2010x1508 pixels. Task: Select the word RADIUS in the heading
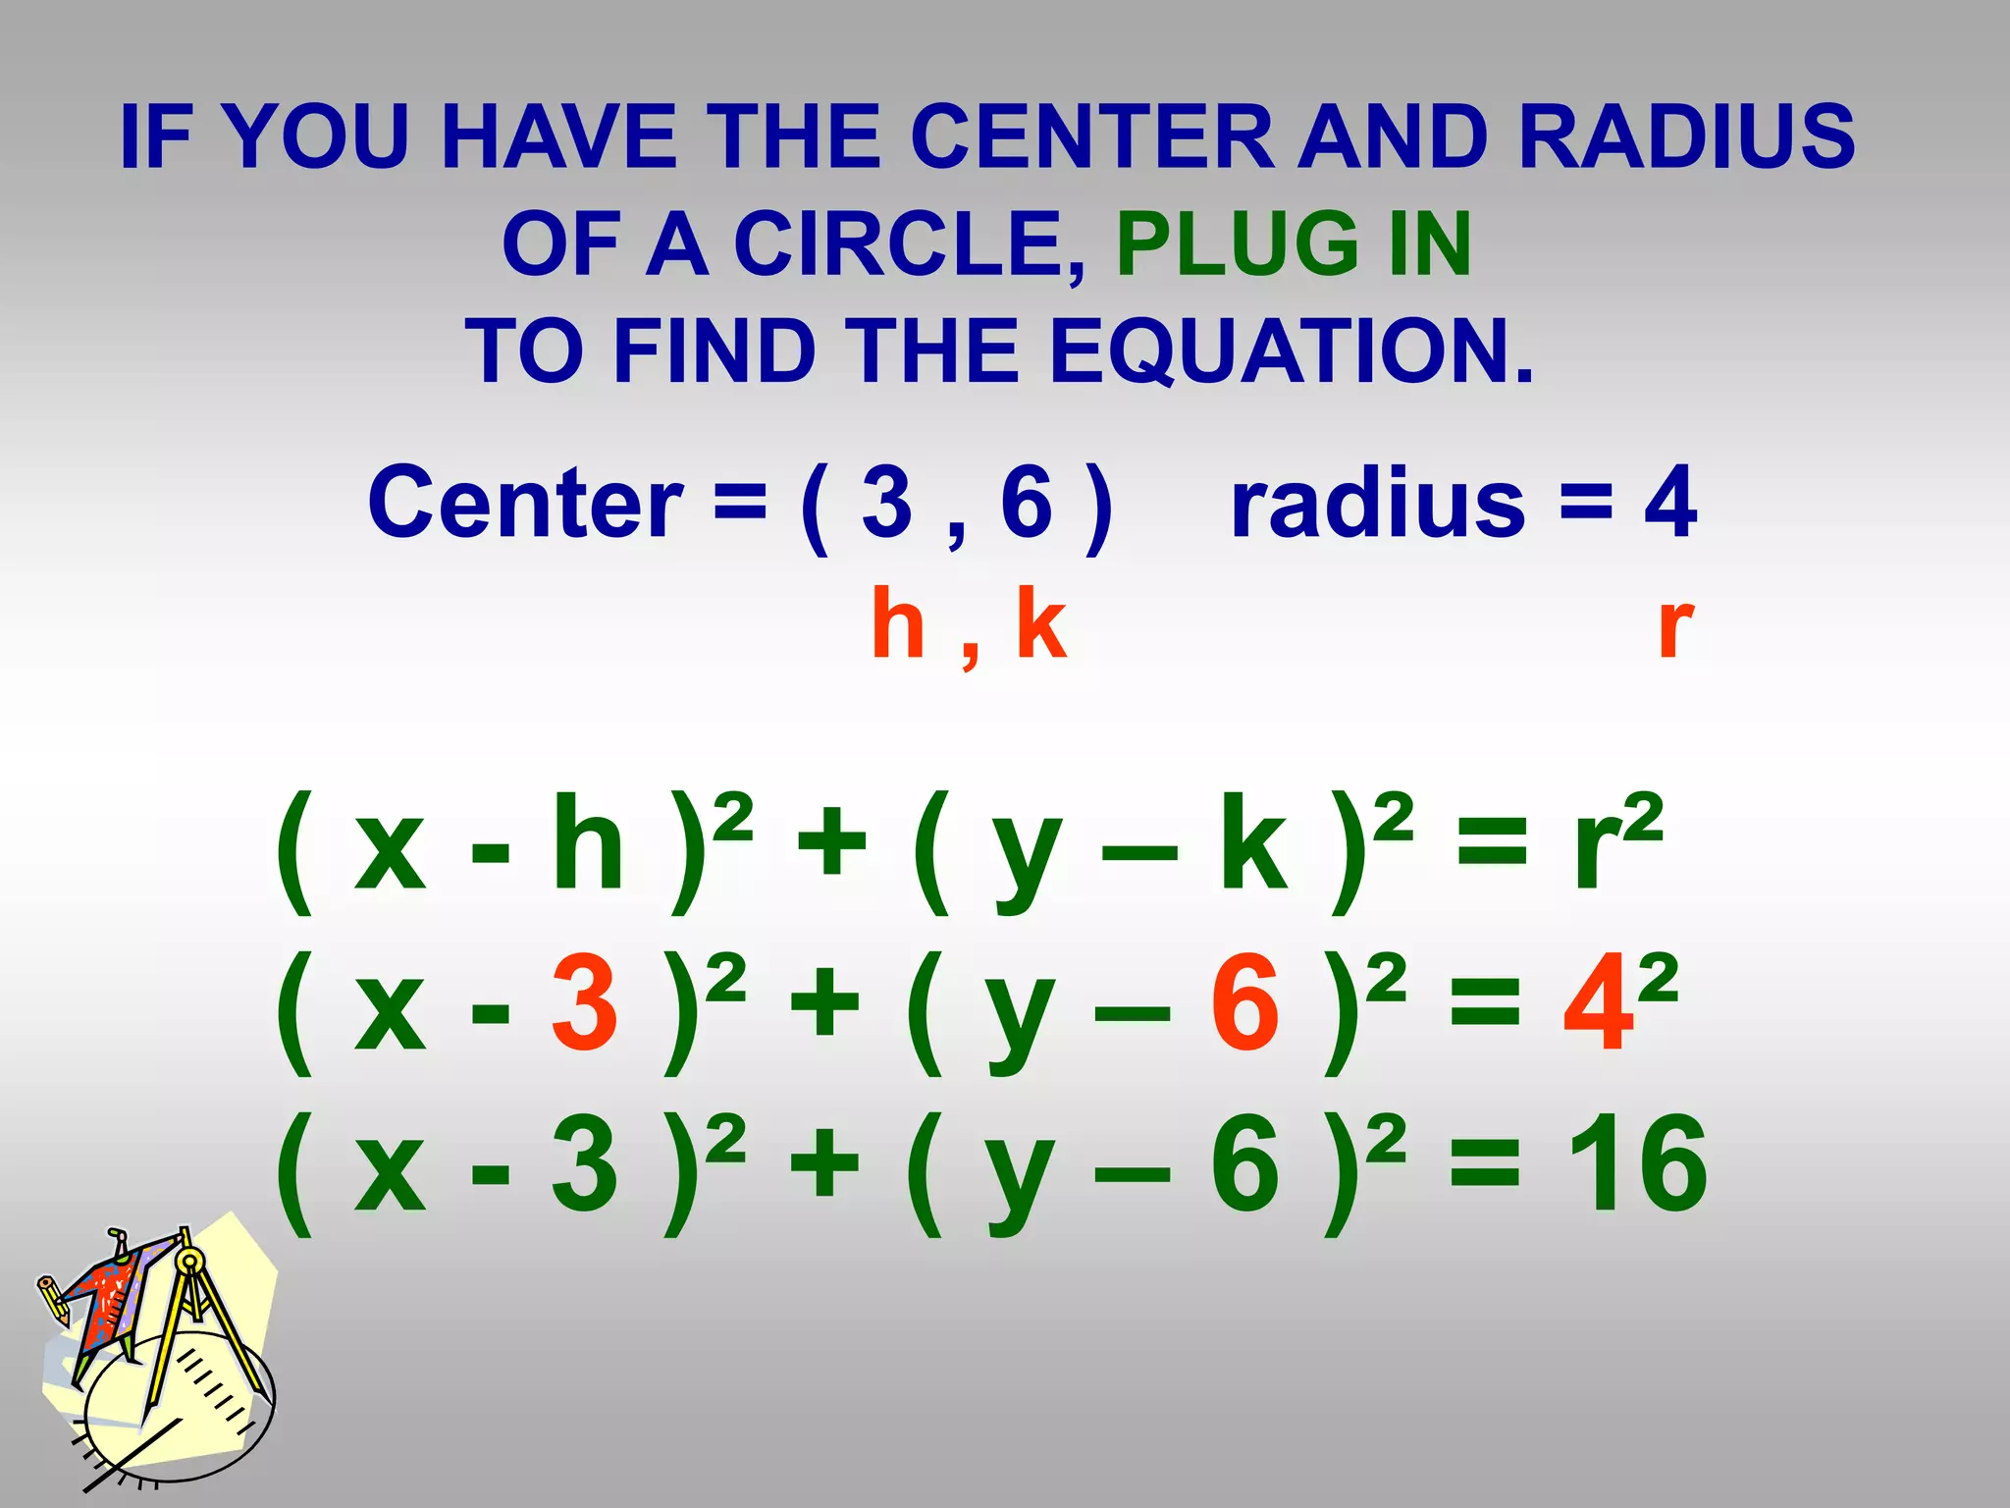pos(1685,136)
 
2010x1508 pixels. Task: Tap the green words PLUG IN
pos(1293,244)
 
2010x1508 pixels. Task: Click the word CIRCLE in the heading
pos(909,244)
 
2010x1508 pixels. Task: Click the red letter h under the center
pos(898,624)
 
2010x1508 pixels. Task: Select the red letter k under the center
pos(1040,624)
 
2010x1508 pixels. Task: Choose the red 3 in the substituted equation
pos(584,1005)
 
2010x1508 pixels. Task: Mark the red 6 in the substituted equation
pos(1244,1005)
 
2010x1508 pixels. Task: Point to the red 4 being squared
pos(1598,1005)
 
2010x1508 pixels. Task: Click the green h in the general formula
pos(587,844)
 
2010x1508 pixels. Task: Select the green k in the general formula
pos(1252,844)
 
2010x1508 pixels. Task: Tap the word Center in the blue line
pos(525,503)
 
